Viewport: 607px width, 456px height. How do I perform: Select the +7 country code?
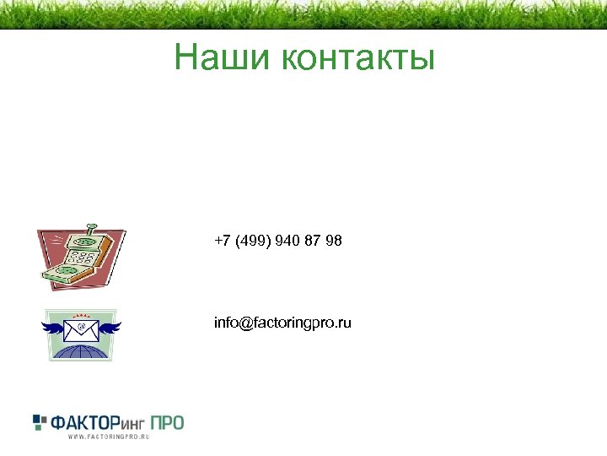click(x=223, y=242)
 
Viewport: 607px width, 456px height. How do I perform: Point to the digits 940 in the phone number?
click(x=287, y=242)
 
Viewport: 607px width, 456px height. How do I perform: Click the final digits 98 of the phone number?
click(x=334, y=242)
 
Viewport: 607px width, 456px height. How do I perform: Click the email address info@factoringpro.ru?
click(x=283, y=323)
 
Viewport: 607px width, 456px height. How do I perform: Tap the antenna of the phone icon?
click(x=92, y=228)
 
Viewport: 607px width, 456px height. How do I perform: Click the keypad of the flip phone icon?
click(x=83, y=252)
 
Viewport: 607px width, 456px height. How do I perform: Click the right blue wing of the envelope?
click(x=110, y=325)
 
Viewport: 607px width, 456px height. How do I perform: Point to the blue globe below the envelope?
click(x=81, y=350)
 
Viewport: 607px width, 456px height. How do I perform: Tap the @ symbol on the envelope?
click(x=82, y=326)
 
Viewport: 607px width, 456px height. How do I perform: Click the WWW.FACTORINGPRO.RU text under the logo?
click(x=108, y=437)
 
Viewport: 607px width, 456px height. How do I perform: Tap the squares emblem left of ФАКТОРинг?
click(x=41, y=421)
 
